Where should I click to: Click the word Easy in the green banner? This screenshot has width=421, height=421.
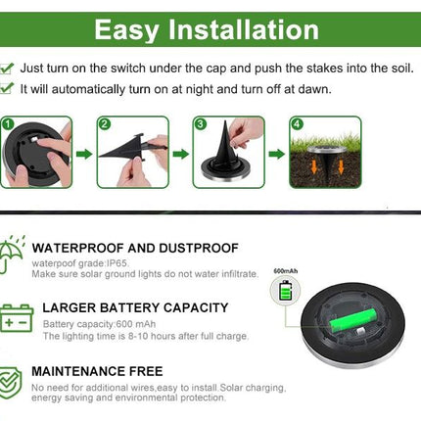pyautogui.click(x=126, y=29)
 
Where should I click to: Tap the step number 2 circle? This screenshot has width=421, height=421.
pyautogui.click(x=104, y=124)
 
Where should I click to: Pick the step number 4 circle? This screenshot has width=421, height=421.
pyautogui.click(x=296, y=124)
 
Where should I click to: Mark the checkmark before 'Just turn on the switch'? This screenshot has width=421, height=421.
pyautogui.click(x=8, y=69)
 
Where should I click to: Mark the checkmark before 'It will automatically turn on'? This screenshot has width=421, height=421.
pyautogui.click(x=8, y=89)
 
